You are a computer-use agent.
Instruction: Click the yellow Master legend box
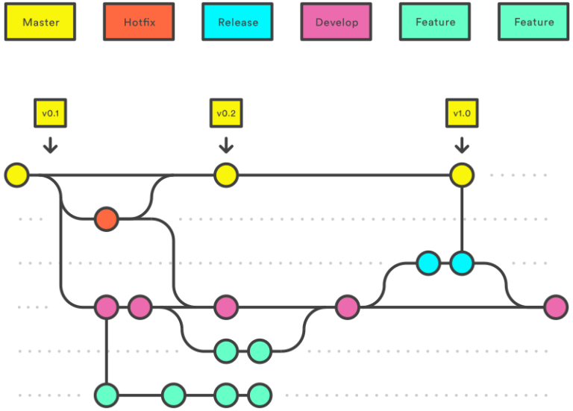coord(41,22)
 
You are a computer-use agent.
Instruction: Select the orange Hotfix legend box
coord(140,22)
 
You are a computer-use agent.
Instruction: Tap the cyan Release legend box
coord(238,22)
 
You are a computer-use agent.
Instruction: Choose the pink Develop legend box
coord(336,22)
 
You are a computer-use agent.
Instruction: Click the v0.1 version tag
coord(50,113)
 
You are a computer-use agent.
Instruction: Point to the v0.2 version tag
coord(225,113)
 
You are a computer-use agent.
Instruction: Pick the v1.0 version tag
coord(462,113)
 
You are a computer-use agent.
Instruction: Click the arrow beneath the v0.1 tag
coord(50,144)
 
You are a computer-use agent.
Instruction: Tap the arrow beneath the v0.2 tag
coord(225,144)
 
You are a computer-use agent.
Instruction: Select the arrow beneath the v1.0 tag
coord(462,144)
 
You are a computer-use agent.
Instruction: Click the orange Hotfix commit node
coord(106,219)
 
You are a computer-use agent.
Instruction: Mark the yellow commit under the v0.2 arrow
coord(225,176)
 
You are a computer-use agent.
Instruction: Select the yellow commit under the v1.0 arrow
coord(462,176)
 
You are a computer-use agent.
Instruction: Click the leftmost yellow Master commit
coord(16,176)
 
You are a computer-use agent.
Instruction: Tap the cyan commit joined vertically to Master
coord(462,263)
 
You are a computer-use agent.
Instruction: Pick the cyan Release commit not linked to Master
coord(428,263)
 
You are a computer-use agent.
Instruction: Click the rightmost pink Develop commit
coord(555,307)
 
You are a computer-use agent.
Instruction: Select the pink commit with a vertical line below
coord(106,307)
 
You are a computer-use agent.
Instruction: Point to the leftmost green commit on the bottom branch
coord(106,394)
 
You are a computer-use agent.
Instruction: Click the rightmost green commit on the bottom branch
coord(259,394)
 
